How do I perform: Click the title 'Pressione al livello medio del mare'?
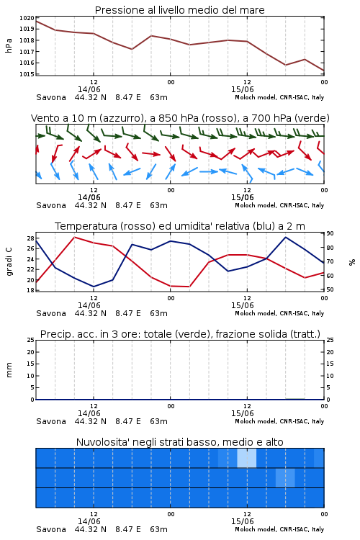[179, 10]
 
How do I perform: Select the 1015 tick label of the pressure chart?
[27, 74]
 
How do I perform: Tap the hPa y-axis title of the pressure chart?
[9, 45]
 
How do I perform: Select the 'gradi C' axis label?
[9, 262]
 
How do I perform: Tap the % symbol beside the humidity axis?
[352, 262]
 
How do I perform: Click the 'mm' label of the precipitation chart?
[9, 369]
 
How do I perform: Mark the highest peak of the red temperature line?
[74, 238]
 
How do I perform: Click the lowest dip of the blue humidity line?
[94, 287]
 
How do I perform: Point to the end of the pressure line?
[324, 71]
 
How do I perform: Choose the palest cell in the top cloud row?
[247, 458]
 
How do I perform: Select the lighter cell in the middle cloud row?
[285, 477]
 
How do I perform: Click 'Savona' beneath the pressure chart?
[51, 97]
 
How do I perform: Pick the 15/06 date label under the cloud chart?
[242, 521]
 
